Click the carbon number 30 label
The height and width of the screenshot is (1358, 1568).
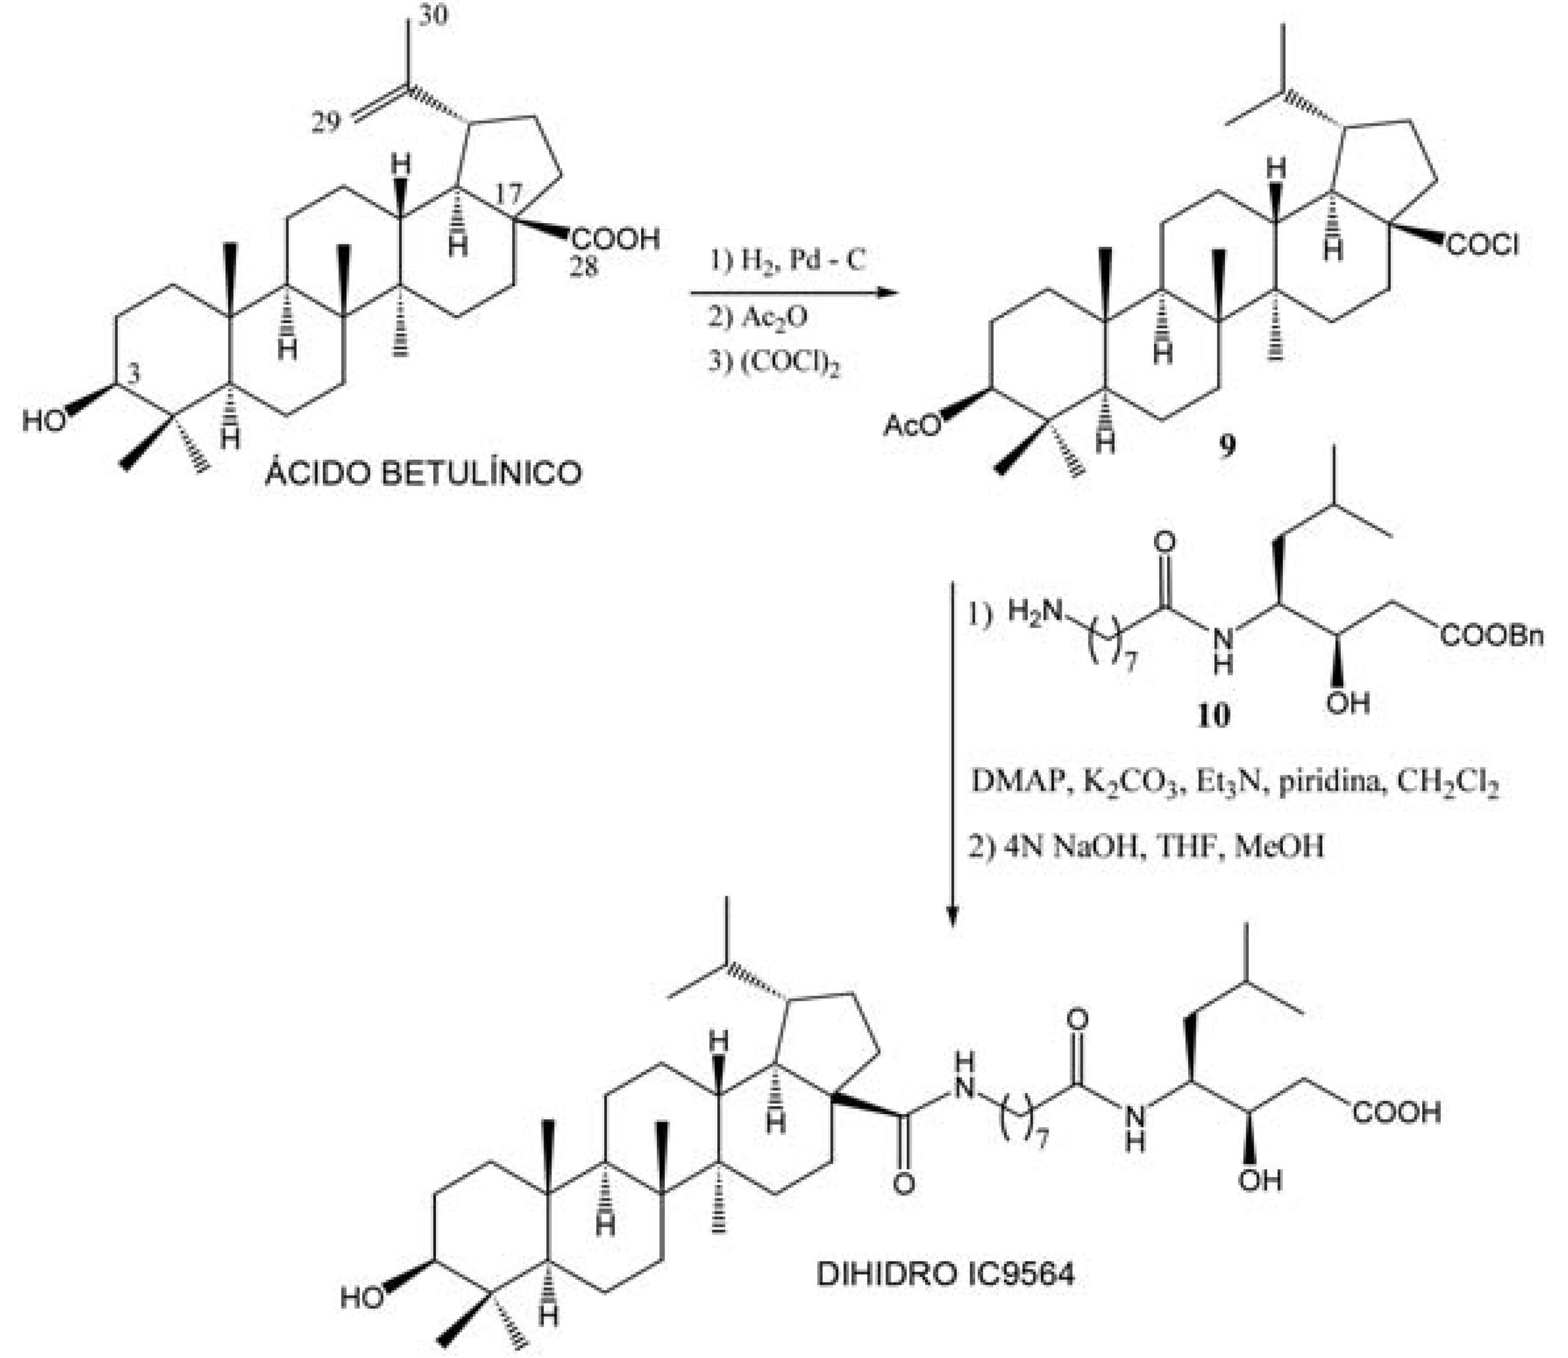pos(433,15)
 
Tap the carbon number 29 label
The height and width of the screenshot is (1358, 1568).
pos(326,122)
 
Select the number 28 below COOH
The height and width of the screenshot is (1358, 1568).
pos(584,266)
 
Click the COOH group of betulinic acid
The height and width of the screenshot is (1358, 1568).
pos(616,240)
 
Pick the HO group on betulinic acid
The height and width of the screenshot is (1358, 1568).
pos(44,420)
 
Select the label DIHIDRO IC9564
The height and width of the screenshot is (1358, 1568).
pos(944,1274)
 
